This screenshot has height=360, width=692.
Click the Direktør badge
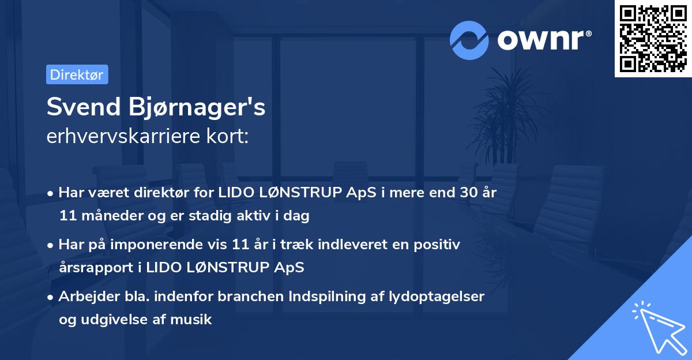77,75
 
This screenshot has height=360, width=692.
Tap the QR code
653,39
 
